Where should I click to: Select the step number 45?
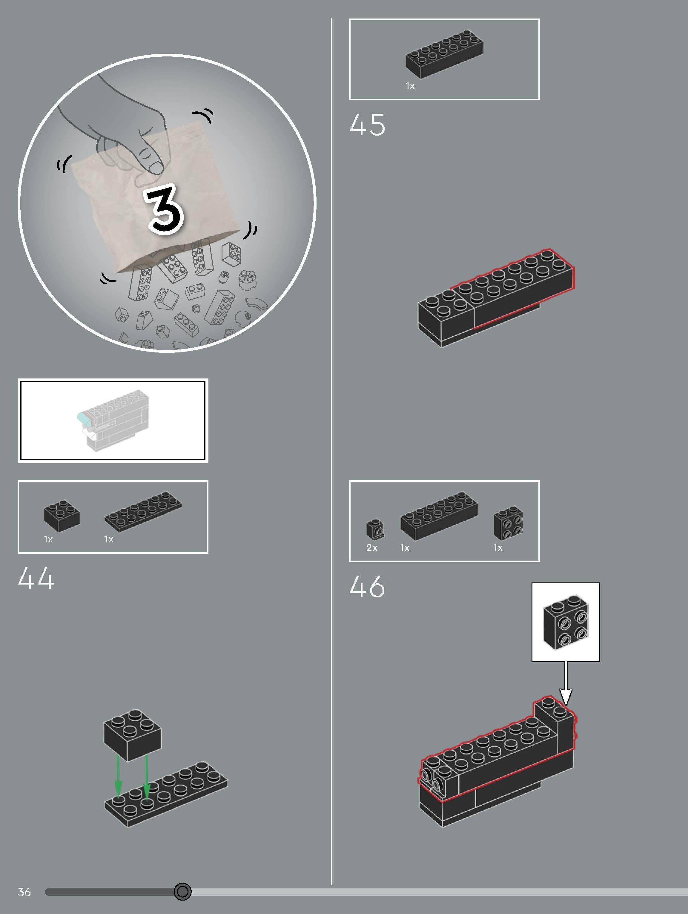367,125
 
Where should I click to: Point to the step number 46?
367,587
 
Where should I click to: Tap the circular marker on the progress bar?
182,891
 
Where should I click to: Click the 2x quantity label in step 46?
372,548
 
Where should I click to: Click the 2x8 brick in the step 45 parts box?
444,54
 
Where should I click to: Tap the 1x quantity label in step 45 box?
410,86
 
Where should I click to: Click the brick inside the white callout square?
565,622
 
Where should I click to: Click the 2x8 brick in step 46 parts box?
439,515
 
